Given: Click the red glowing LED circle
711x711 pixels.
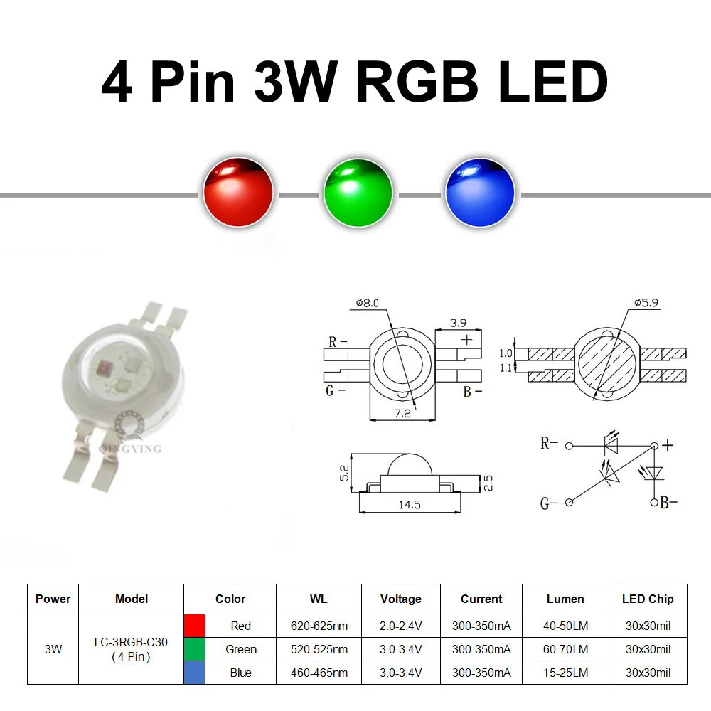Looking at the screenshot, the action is [238, 192].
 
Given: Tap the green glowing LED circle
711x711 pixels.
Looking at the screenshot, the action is [358, 192].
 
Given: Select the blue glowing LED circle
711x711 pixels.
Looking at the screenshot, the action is [480, 192].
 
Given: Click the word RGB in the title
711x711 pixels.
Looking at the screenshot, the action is [417, 82].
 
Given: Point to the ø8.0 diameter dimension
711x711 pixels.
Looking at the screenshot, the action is [368, 303].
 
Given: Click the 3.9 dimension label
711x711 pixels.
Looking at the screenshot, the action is [458, 323].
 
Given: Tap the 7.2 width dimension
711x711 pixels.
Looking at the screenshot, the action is [402, 414].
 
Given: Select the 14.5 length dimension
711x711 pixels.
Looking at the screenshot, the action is [410, 505].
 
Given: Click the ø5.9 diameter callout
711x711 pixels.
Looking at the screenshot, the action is [646, 302].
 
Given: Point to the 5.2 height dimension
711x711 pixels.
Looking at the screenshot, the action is [345, 473].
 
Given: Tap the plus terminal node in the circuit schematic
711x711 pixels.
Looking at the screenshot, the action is [654, 447].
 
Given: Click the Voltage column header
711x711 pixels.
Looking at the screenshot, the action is [401, 599].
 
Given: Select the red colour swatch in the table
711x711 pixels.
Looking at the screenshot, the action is [195, 626].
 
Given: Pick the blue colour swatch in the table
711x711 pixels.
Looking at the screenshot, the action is [195, 673].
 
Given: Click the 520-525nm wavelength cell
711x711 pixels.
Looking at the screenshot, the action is [319, 649].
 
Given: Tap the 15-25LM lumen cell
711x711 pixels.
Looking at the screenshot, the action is [566, 673].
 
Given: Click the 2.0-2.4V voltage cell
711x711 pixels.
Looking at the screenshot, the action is [401, 626].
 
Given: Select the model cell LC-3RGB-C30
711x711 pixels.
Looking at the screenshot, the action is [131, 642].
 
